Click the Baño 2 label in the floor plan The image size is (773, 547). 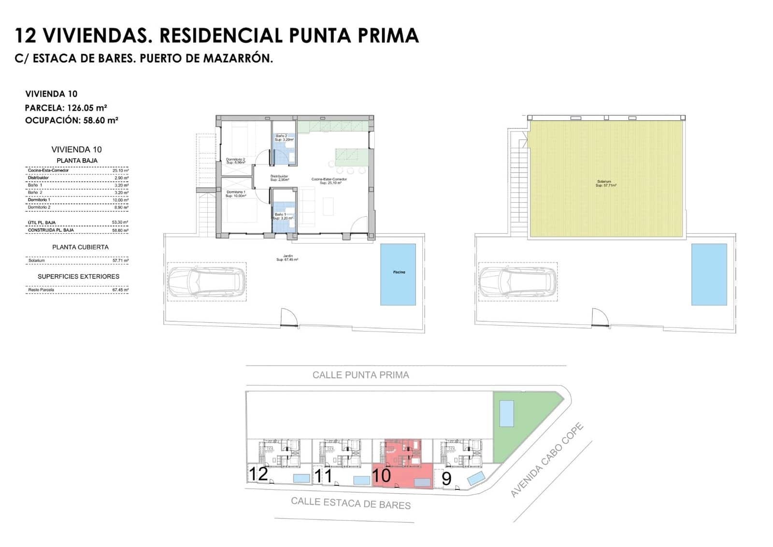[281, 137]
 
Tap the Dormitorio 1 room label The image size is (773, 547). [236, 193]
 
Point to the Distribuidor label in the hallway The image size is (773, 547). [279, 177]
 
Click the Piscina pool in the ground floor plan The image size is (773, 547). [398, 274]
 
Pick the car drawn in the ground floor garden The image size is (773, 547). [207, 282]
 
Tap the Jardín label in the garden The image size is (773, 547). [287, 258]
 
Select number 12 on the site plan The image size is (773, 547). [258, 474]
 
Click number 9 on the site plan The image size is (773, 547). [446, 478]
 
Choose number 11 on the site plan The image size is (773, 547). [323, 476]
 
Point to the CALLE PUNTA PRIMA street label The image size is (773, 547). [360, 375]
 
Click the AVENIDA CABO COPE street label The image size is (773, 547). [547, 460]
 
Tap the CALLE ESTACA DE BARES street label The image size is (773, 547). [351, 503]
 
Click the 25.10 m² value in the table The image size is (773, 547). [120, 171]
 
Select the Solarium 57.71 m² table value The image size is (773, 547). [120, 261]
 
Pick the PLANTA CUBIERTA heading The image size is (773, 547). [80, 247]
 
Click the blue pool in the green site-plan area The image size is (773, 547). [506, 414]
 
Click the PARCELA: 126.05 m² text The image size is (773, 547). [66, 108]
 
